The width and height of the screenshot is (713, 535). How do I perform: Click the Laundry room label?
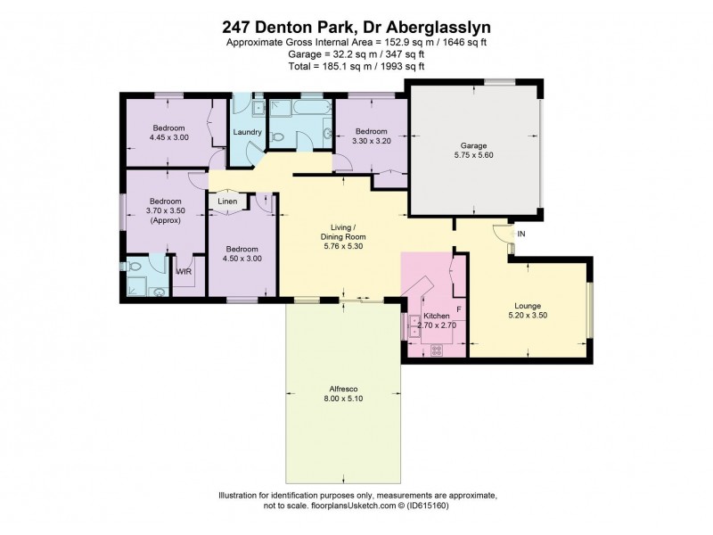247,133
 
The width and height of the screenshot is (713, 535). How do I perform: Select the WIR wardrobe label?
183,271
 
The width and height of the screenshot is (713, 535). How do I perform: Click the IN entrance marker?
521,235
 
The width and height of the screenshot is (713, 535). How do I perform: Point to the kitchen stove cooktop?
436,350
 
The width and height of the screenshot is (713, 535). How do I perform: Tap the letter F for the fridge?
458,309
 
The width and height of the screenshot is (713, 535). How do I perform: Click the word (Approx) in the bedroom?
166,220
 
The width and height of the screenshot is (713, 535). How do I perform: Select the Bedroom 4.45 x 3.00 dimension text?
168,137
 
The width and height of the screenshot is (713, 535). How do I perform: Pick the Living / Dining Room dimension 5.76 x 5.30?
344,247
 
